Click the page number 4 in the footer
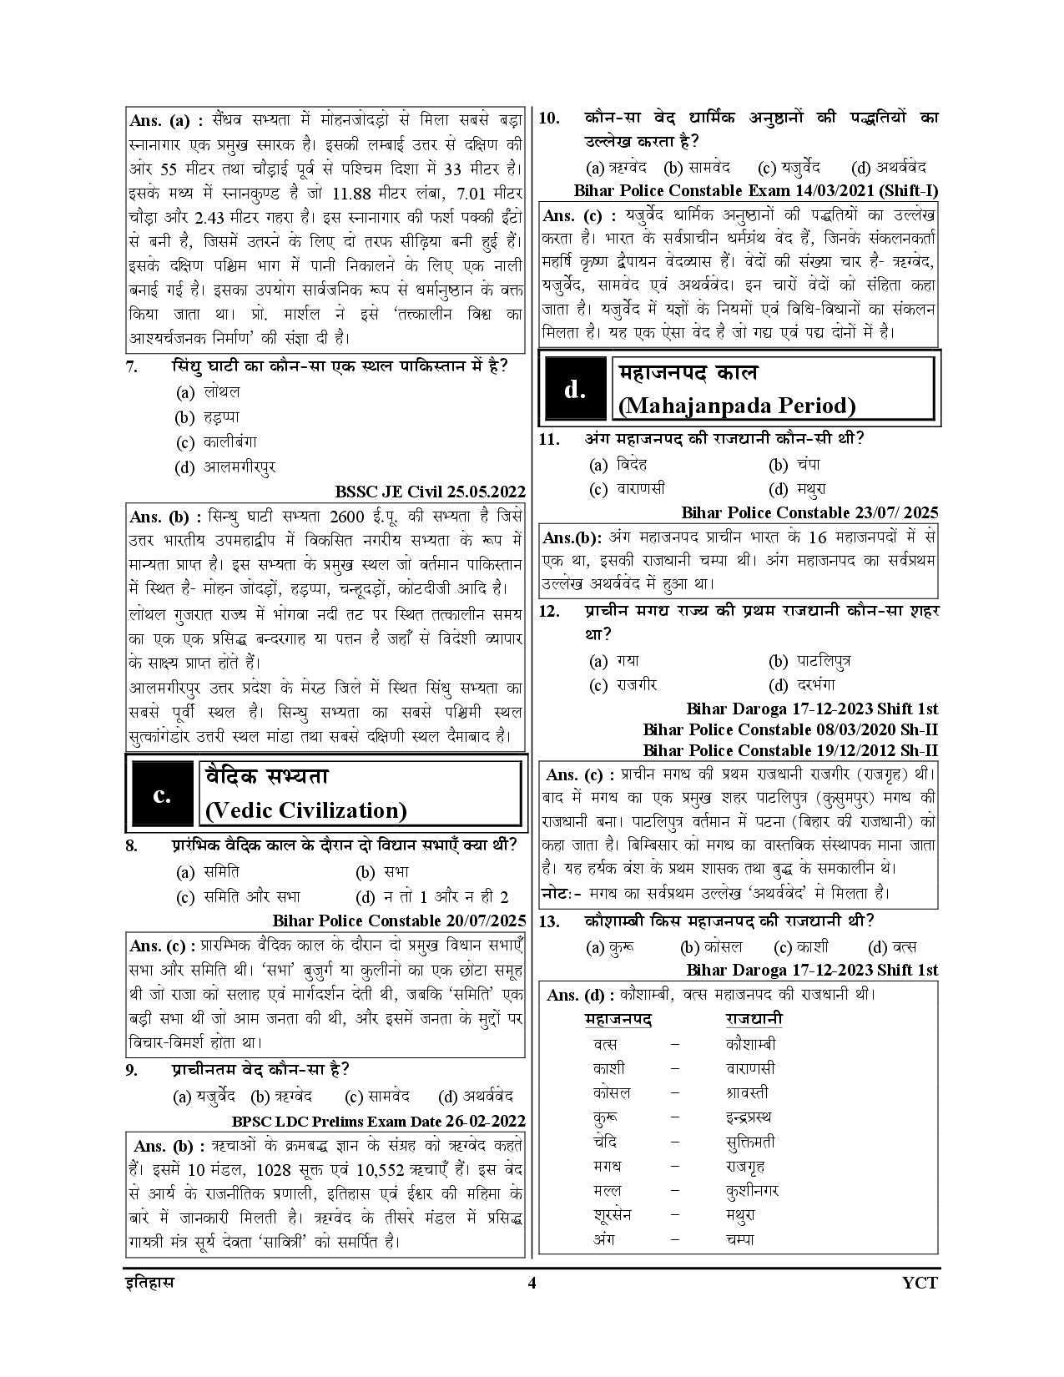pos(532,1282)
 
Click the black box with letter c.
pos(162,795)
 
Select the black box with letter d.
pos(575,389)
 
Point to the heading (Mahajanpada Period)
pos(737,406)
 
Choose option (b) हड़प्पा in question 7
pos(207,417)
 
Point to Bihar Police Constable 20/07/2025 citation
pos(399,921)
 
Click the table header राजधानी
pos(754,1019)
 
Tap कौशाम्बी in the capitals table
pos(751,1044)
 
